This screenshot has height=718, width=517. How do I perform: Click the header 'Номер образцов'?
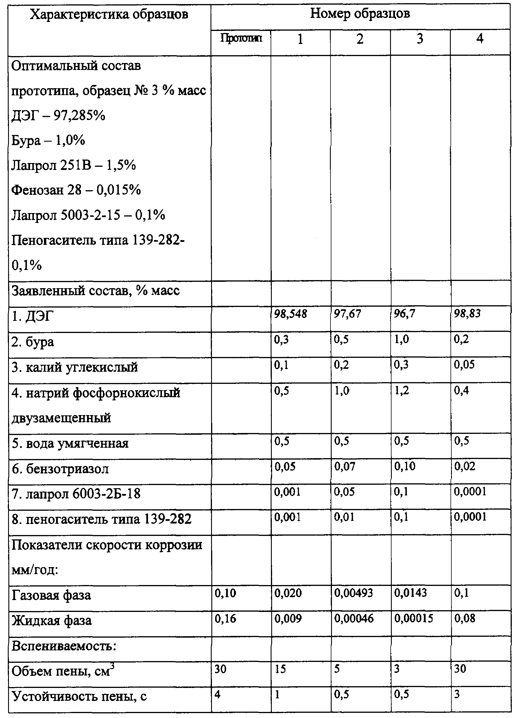tap(360, 14)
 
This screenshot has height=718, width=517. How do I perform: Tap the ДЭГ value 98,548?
tap(290, 314)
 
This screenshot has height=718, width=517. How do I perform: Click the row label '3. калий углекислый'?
tap(75, 367)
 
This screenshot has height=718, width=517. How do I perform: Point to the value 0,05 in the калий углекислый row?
tap(464, 365)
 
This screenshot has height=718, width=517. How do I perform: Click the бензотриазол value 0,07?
tap(344, 466)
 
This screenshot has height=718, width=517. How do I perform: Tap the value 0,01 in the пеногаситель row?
tap(344, 517)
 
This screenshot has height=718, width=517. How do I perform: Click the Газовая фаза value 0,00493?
tap(353, 593)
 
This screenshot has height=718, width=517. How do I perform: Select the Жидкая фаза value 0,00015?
tap(413, 618)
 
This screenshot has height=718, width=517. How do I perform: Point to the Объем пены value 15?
tap(280, 669)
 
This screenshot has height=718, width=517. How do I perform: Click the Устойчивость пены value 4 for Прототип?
tap(217, 694)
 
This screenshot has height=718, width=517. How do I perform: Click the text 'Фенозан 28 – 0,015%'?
tap(76, 190)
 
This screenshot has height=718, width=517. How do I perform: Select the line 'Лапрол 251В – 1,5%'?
tap(73, 165)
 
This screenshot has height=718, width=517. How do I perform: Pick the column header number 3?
tap(420, 39)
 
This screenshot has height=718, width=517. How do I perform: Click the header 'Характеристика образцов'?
tap(109, 14)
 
